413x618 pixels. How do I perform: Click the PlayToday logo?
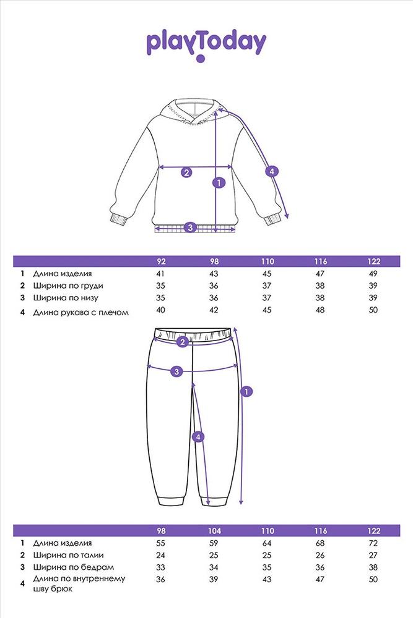(207, 46)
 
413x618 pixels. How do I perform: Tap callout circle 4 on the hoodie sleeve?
(272, 171)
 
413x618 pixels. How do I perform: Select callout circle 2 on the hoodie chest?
(186, 172)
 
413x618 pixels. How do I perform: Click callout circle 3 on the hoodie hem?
(190, 227)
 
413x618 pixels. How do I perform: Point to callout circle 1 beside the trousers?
(246, 392)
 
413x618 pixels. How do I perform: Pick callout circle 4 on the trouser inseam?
(198, 437)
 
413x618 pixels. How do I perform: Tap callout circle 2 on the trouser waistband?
(182, 342)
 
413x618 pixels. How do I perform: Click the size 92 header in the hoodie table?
(161, 261)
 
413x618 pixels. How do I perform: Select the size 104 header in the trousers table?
(214, 531)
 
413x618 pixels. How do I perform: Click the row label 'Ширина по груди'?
(68, 286)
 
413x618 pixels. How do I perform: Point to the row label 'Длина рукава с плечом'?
(81, 313)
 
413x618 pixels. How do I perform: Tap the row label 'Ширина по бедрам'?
(74, 567)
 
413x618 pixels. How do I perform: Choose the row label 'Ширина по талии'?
(68, 556)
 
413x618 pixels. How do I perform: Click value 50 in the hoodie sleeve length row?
(373, 310)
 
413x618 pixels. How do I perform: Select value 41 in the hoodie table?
(160, 274)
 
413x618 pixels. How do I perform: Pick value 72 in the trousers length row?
(373, 543)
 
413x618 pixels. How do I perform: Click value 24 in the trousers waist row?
(160, 556)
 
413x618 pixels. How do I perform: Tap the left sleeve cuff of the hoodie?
(119, 219)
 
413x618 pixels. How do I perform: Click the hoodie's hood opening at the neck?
(193, 109)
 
